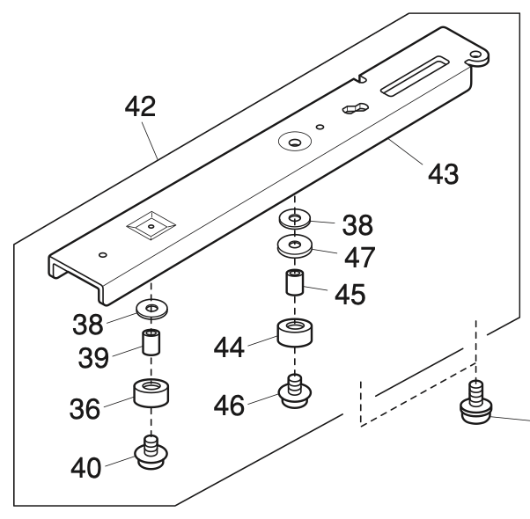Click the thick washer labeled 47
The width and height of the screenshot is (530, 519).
tap(294, 244)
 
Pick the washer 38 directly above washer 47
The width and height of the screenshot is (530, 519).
tap(294, 216)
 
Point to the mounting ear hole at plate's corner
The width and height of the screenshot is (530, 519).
tap(477, 57)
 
